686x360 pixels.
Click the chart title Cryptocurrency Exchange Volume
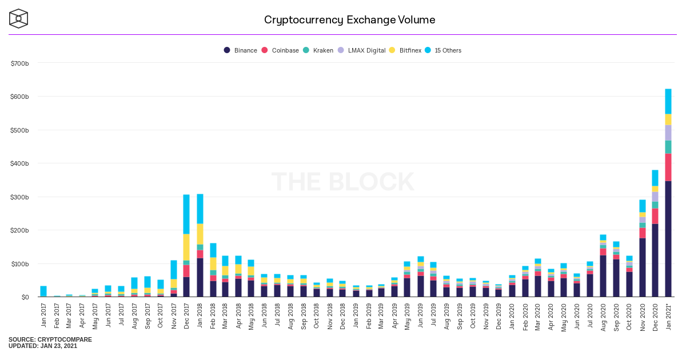point(349,20)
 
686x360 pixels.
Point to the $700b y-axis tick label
point(20,63)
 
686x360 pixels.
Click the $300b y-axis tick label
point(20,197)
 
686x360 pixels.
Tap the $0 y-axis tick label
point(25,297)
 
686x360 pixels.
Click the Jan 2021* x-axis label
point(668,314)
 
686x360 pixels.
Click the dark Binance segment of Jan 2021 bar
point(668,246)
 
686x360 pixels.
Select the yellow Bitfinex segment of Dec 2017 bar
point(186,247)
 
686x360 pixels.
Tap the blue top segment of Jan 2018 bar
point(200,209)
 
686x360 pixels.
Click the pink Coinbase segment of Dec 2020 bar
point(655,216)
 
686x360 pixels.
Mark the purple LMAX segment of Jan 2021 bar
point(668,133)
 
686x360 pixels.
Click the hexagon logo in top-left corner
point(18,18)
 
